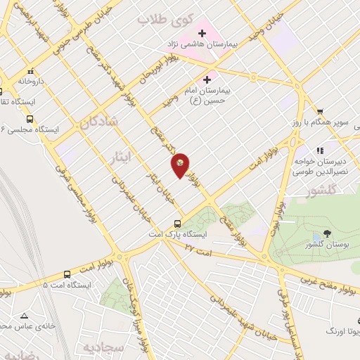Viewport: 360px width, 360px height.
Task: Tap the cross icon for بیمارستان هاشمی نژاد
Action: coord(202,33)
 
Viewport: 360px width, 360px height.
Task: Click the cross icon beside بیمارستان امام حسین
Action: coord(206,80)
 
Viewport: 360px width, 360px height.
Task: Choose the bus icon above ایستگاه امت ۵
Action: coord(67,274)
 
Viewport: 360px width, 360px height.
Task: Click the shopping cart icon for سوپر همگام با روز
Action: coord(320,111)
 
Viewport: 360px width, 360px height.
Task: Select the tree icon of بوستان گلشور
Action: coord(327,233)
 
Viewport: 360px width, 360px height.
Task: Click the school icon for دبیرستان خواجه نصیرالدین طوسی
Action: coord(320,150)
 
